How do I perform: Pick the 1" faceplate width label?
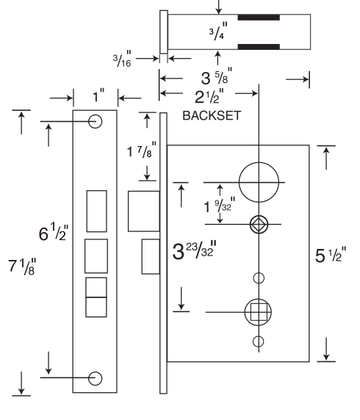[96, 98]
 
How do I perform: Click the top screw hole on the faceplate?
[96, 121]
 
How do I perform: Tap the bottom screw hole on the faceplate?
[96, 377]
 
